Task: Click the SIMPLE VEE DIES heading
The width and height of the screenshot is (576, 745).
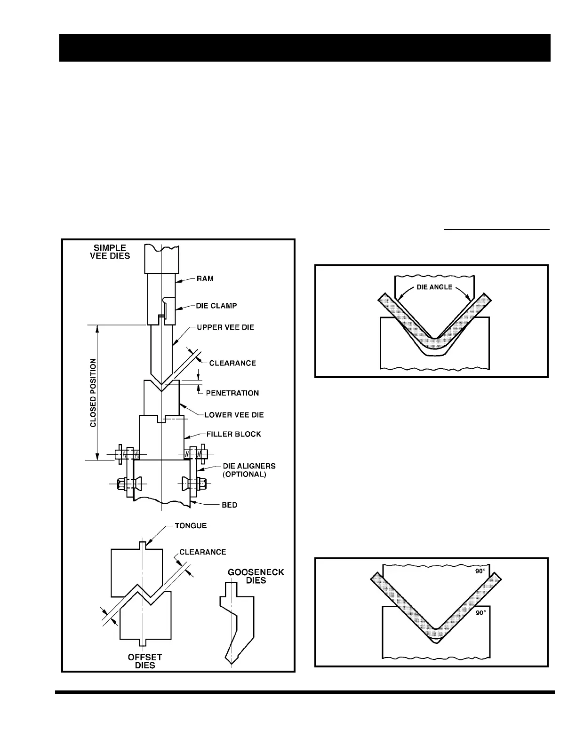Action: tap(110, 252)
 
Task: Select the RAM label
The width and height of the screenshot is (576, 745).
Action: tap(205, 278)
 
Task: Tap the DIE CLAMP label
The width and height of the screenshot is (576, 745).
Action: tap(216, 306)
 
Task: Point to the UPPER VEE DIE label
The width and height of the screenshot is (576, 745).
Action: tap(225, 327)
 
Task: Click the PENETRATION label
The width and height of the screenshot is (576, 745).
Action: tap(232, 393)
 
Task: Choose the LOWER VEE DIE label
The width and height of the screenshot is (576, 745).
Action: tap(234, 415)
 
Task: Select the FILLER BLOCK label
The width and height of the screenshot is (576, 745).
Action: tap(234, 434)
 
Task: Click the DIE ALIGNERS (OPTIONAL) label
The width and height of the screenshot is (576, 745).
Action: tap(249, 470)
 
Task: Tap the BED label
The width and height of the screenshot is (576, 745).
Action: tap(230, 505)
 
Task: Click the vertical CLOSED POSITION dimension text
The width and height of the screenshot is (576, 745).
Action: tap(93, 393)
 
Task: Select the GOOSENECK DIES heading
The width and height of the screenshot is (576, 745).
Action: tap(256, 576)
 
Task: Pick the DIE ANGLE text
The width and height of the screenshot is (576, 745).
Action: tap(435, 287)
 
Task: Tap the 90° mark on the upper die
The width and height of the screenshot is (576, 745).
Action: tap(480, 572)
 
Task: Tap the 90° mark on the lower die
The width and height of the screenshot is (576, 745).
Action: tap(480, 613)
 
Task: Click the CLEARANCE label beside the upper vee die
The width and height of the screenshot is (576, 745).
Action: tap(232, 363)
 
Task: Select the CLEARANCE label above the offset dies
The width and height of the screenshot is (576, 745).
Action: tap(202, 552)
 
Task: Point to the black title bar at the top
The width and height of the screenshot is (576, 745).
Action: tap(304, 48)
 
